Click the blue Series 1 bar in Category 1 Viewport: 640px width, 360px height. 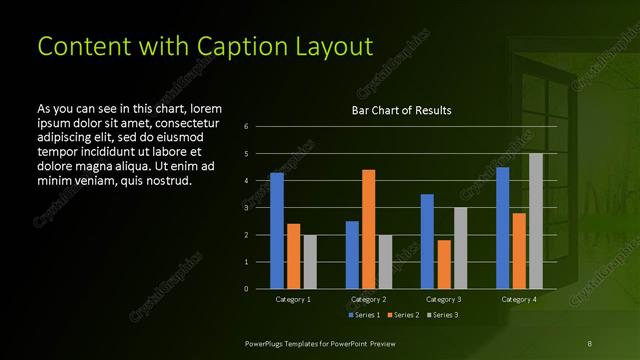pyautogui.click(x=277, y=231)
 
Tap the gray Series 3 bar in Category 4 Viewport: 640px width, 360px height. pyautogui.click(x=536, y=221)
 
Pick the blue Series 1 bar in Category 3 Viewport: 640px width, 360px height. pyautogui.click(x=427, y=241)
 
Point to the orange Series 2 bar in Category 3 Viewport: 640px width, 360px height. pyautogui.click(x=443, y=264)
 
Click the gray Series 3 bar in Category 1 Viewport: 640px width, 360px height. pyautogui.click(x=309, y=262)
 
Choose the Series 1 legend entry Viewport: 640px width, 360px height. pyautogui.click(x=364, y=315)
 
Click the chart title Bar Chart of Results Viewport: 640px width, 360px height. pyautogui.click(x=401, y=110)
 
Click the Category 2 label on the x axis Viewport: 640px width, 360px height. pyautogui.click(x=368, y=299)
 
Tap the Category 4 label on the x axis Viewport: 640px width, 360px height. pyautogui.click(x=518, y=299)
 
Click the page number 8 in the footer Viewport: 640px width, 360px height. pyautogui.click(x=590, y=343)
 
